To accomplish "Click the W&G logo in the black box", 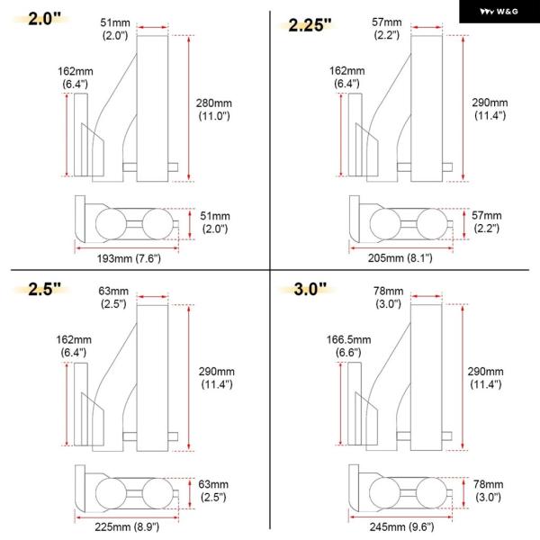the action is point(499,12).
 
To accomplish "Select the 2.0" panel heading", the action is point(44,19).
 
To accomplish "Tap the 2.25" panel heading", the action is point(310,25).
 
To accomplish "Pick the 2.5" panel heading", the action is point(44,289).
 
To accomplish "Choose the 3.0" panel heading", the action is point(310,289).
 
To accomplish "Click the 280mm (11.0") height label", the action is point(214,109).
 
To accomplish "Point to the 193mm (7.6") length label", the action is point(129,258).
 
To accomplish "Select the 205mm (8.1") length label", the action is point(400,258).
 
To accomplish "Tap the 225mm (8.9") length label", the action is point(127,526).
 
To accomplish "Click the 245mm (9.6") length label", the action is point(401,526).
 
